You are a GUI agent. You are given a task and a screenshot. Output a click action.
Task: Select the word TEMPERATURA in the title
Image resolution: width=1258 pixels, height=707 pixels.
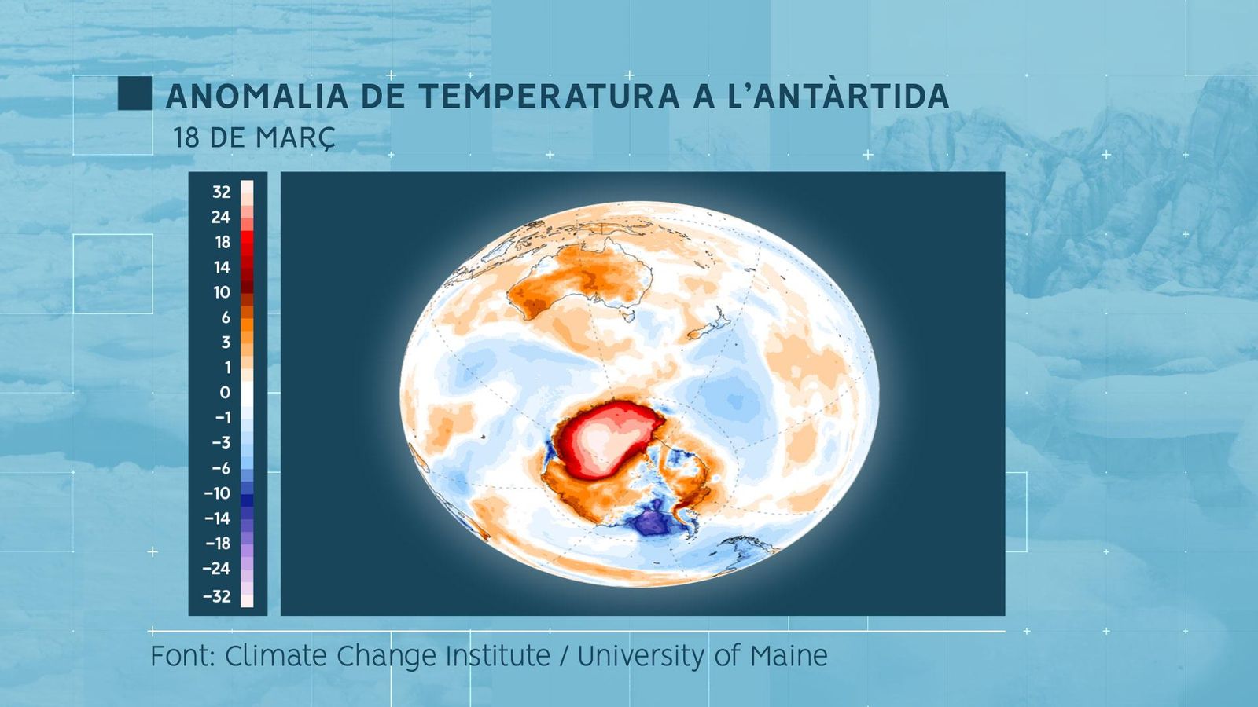coord(549,97)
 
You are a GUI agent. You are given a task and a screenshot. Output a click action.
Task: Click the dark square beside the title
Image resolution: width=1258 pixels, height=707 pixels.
coord(134,93)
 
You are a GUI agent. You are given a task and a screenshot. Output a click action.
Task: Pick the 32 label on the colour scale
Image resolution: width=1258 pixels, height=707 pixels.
coord(221,192)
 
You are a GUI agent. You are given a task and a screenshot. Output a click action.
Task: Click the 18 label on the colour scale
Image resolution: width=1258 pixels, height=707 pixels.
coord(222,242)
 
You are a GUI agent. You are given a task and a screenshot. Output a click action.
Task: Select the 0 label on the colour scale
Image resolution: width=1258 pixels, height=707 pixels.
coord(225,392)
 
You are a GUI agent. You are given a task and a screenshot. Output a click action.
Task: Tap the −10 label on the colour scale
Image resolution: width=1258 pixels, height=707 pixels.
coord(217,493)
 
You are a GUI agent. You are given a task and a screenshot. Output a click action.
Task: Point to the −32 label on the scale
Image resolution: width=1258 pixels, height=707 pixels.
coord(216,596)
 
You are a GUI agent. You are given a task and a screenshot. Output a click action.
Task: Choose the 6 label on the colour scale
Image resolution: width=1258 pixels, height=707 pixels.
coord(226,317)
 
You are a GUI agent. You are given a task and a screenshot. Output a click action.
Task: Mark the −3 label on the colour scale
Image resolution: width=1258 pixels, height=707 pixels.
coord(220,442)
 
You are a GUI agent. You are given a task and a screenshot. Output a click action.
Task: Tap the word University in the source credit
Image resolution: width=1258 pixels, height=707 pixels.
coord(641,655)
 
